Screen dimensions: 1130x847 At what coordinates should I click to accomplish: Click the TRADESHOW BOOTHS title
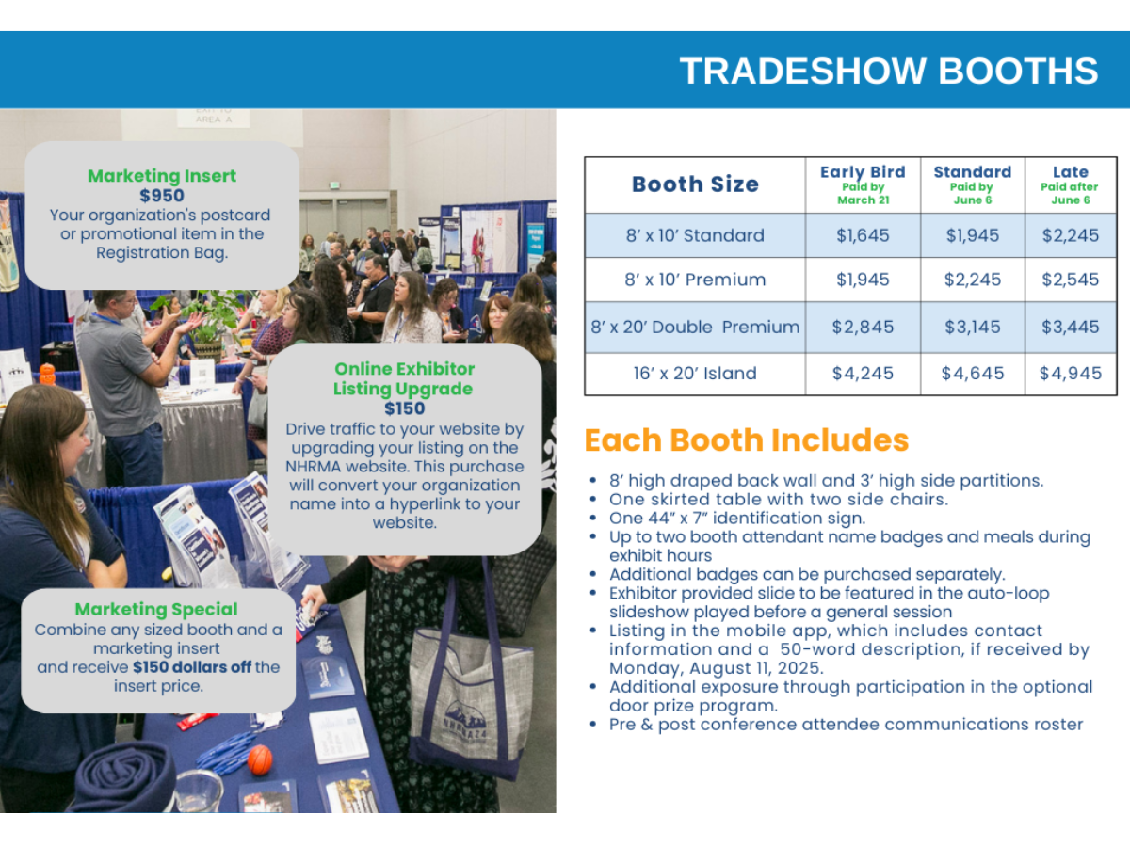click(889, 71)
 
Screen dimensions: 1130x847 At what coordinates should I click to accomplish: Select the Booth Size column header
click(695, 184)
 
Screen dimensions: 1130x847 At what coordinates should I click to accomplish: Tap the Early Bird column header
click(863, 172)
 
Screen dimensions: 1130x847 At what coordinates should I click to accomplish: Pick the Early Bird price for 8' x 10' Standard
click(863, 235)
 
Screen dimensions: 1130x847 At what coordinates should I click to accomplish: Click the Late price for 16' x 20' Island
click(1071, 374)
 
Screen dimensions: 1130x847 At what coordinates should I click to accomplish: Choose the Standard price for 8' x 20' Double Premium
click(973, 328)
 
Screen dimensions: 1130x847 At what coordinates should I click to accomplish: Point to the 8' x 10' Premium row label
click(695, 280)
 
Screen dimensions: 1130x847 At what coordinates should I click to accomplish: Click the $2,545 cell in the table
click(1071, 280)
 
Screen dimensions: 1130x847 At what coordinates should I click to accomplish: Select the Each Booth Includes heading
click(747, 440)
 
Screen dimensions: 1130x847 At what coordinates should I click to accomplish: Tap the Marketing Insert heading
click(162, 176)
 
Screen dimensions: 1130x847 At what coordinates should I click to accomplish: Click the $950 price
click(162, 196)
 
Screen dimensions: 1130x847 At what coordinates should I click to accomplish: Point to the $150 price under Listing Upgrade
click(405, 408)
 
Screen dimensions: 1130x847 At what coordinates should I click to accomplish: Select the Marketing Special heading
click(156, 610)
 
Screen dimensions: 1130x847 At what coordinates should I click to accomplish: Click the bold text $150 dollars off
click(192, 667)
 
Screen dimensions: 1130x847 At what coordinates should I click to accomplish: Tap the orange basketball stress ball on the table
click(260, 759)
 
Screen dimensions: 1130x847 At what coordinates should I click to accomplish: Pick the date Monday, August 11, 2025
click(716, 668)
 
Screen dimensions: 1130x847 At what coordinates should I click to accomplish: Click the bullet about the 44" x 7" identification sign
click(737, 518)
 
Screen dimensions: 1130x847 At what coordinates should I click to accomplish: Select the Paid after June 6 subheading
click(1070, 193)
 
